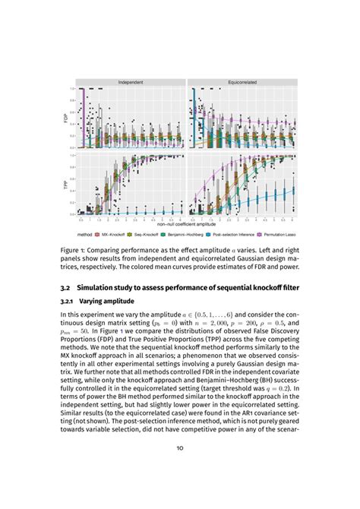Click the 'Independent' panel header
tap(131, 81)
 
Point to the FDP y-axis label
tap(66, 117)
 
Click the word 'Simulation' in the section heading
tap(103, 289)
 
